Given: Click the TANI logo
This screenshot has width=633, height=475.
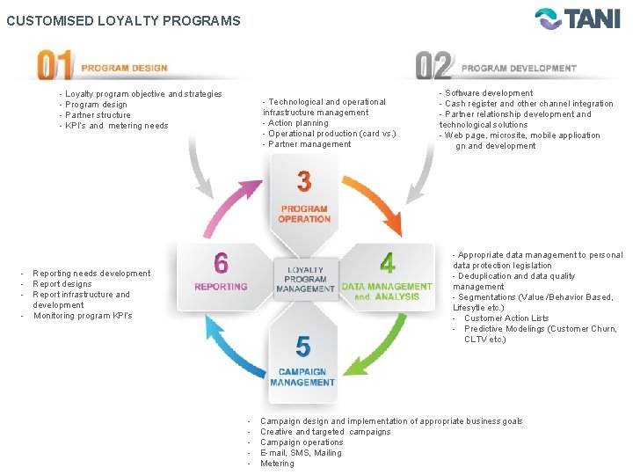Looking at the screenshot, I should (578, 19).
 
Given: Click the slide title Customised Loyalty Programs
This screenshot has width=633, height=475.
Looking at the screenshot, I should (123, 20).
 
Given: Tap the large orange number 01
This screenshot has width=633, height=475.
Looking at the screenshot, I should (55, 67).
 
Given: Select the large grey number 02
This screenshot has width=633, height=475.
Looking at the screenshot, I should (433, 67).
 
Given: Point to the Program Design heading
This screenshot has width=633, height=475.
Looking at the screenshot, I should (124, 68).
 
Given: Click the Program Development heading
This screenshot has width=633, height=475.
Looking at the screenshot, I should (519, 68).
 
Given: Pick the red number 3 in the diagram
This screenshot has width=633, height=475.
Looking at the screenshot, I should (303, 182).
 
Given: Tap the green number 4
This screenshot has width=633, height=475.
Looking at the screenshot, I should (387, 262).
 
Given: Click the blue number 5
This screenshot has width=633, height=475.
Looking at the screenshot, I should (303, 347).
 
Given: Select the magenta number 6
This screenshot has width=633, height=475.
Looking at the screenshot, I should (221, 263).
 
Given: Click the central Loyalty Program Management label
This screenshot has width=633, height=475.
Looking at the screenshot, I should (305, 279).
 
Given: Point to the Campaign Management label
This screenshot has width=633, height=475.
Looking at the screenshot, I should (302, 377).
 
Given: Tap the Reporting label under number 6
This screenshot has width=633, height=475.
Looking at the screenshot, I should (221, 287).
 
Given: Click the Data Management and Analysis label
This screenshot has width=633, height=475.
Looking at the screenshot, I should (387, 291).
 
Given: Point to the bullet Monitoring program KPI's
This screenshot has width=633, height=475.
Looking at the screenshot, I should (83, 316).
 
